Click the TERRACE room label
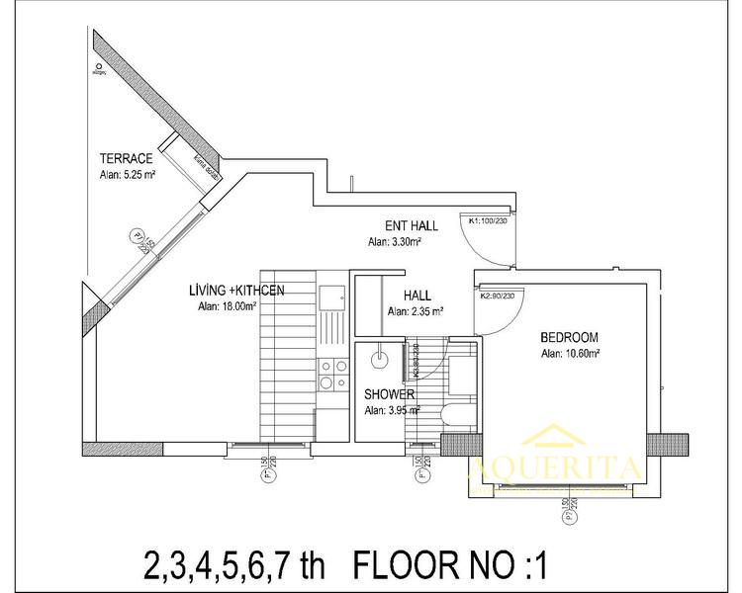pos(126,158)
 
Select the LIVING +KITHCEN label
pos(237,291)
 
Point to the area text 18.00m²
pos(228,306)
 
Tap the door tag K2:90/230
pos(500,296)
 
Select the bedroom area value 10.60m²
pos(571,352)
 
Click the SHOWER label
pos(389,393)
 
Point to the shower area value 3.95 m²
pos(391,410)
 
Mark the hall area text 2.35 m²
pos(416,311)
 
